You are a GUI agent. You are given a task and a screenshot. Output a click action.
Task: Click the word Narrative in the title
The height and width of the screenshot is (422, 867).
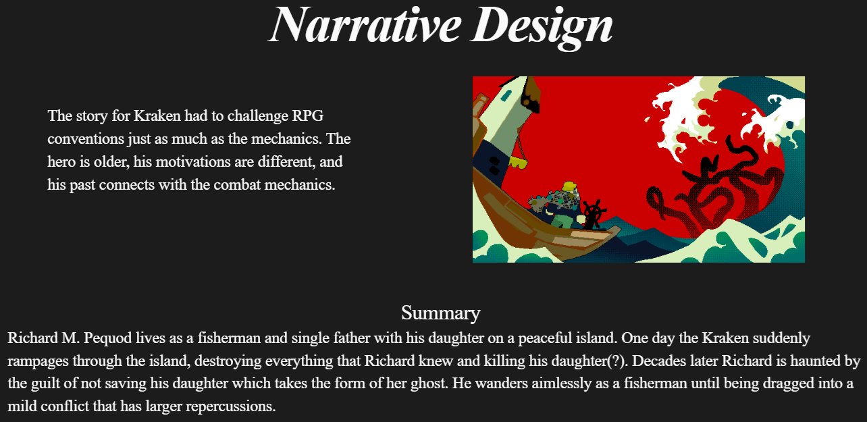[x=365, y=25]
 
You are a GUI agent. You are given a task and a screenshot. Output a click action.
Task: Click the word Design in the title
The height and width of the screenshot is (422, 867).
[x=542, y=28]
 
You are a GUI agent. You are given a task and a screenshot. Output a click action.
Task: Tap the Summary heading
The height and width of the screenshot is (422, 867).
[x=440, y=313]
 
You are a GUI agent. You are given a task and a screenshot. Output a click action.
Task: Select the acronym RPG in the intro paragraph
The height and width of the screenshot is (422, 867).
[x=308, y=115]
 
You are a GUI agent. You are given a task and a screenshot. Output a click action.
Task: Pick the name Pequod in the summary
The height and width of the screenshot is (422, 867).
[x=107, y=338]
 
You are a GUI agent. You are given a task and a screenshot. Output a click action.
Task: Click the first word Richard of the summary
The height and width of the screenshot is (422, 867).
[x=32, y=338]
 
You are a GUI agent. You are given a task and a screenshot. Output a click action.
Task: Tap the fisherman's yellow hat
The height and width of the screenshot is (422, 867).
[x=569, y=186]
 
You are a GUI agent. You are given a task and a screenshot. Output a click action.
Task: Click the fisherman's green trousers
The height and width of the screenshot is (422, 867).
[x=561, y=221]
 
